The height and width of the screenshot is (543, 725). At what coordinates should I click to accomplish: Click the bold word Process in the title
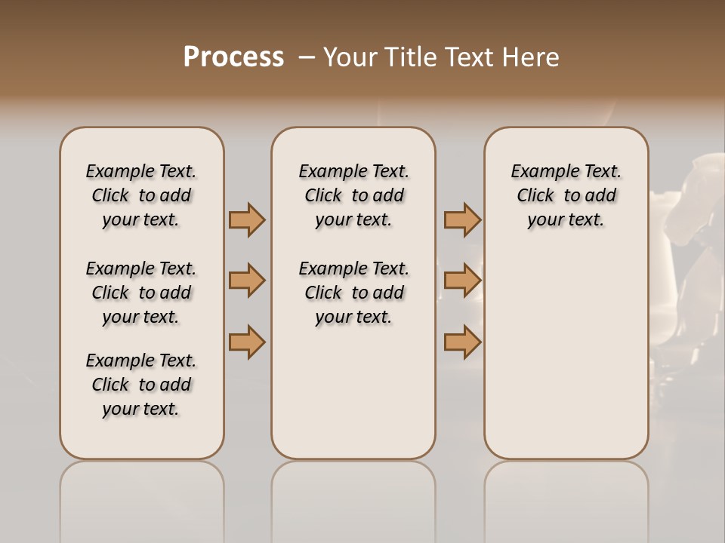233,57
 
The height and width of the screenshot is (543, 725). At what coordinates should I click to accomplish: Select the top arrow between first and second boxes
247,219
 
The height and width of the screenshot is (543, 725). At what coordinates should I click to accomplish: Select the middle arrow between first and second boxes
247,281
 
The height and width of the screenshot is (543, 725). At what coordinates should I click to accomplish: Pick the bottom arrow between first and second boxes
247,342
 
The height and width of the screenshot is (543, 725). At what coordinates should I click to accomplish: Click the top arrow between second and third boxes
462,219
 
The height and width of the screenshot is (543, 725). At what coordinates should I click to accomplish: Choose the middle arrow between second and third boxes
462,281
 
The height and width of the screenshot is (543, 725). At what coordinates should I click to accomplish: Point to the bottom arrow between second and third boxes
462,342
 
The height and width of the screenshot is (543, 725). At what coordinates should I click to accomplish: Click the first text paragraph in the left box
141,195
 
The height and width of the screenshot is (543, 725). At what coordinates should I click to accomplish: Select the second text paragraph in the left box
141,293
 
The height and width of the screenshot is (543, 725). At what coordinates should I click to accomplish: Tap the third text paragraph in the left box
141,385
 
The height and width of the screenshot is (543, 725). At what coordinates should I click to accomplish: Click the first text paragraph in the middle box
353,195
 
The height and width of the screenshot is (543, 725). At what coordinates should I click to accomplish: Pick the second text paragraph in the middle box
353,293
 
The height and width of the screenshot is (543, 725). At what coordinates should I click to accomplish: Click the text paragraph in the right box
566,195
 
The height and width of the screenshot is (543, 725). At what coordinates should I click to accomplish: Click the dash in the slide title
307,58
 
